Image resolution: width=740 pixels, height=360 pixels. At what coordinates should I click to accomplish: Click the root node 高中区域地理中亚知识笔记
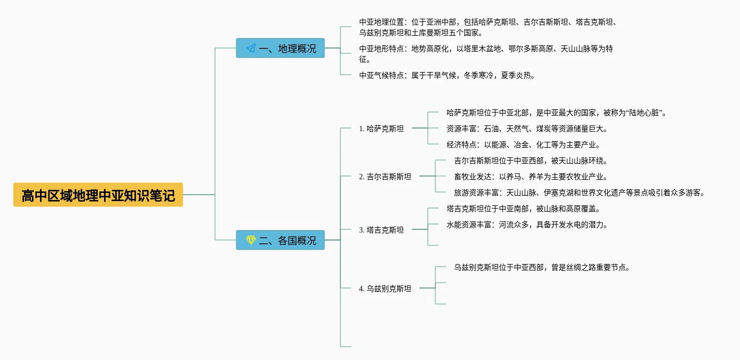98,195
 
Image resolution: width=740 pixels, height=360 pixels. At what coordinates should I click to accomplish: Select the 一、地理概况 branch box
280,49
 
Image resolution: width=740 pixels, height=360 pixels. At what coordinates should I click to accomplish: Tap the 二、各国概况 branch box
280,241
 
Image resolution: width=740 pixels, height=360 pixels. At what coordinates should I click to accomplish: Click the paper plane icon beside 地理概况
251,49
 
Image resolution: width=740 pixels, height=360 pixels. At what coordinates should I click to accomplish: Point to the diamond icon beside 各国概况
251,241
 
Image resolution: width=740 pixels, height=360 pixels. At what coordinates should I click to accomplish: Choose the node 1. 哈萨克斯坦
381,129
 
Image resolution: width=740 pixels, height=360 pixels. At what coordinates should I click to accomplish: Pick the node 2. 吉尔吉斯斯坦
385,177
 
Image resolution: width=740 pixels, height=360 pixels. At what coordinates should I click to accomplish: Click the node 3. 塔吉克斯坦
381,230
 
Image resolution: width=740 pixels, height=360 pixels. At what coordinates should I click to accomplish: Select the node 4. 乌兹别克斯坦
385,289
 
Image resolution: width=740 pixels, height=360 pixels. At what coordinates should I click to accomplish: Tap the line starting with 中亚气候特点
447,75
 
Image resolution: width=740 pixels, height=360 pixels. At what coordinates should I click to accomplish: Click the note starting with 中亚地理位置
488,27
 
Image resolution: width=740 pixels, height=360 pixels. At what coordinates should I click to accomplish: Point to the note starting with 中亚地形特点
486,54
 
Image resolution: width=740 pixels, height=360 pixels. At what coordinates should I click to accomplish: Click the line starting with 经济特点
523,145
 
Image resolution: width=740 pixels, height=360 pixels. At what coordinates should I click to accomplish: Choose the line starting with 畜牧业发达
531,177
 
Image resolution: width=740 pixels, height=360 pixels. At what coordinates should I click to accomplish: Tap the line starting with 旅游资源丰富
579,193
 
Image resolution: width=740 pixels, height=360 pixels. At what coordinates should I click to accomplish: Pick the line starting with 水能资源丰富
527,225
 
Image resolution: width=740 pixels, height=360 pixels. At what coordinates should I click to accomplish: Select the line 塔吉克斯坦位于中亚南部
523,209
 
